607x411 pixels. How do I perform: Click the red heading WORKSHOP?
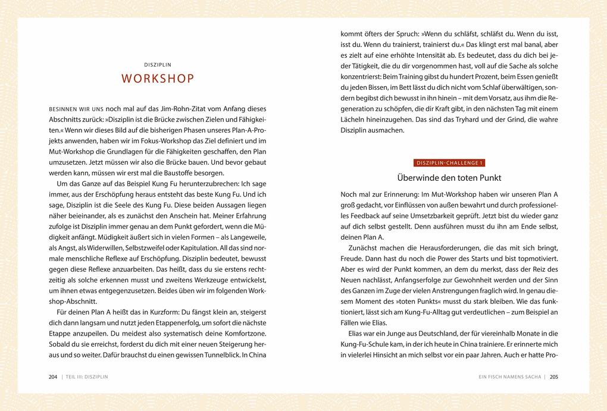coord(158,79)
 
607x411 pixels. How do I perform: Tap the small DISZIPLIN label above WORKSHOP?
coord(158,64)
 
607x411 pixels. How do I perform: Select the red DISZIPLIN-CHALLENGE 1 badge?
coord(449,163)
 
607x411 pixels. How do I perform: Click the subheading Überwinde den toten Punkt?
coord(449,178)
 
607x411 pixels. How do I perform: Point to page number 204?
coord(53,377)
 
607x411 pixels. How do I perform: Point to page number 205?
coord(553,377)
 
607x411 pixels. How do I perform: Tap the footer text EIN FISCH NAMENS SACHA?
coord(509,377)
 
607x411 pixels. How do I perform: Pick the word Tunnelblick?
coord(214,354)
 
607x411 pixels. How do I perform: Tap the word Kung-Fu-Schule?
coord(365,344)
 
